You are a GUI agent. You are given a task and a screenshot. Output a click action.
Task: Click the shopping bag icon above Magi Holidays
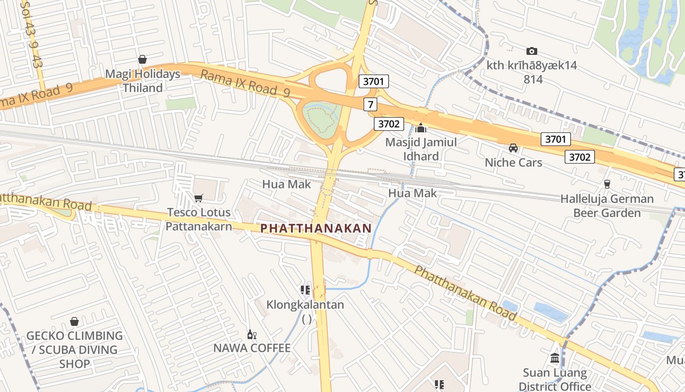[142, 59]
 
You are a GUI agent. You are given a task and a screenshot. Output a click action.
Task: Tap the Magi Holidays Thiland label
[143, 81]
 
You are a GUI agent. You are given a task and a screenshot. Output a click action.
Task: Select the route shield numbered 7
[370, 104]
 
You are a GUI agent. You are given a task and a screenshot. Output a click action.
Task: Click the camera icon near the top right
[532, 51]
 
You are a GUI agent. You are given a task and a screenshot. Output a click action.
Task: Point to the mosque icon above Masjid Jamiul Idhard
[421, 128]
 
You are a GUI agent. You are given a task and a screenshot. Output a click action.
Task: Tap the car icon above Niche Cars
[513, 147]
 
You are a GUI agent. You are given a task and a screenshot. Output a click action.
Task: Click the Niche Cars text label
[513, 162]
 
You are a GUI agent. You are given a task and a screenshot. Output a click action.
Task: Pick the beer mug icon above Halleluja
[607, 184]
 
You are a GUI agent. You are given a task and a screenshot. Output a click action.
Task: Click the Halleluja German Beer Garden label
[607, 206]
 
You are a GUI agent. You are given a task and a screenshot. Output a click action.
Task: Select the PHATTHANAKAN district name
[316, 228]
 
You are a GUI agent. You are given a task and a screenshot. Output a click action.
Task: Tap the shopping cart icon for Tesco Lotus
[199, 198]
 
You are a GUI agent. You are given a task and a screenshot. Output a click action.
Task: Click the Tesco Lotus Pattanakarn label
[198, 219]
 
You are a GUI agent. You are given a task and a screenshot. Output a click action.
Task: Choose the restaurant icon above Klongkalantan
[305, 290]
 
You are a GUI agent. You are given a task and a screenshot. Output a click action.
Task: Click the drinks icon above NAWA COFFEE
[251, 335]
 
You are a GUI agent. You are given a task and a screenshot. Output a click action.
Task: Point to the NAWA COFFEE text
[251, 348]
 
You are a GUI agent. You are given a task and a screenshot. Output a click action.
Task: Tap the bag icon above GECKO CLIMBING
[74, 321]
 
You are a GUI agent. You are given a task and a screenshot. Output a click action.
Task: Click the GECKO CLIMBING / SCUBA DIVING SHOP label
[74, 349]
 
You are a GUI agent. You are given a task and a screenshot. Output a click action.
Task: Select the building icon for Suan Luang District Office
[555, 358]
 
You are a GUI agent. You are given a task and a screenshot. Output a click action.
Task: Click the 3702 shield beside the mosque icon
[389, 124]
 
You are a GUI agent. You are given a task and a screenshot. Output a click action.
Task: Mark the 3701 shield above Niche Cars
[556, 139]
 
